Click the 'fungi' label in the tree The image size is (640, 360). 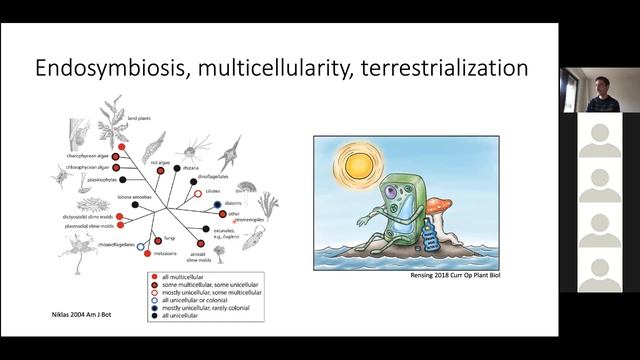(x=167, y=237)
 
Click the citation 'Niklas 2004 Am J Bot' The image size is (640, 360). (x=81, y=316)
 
